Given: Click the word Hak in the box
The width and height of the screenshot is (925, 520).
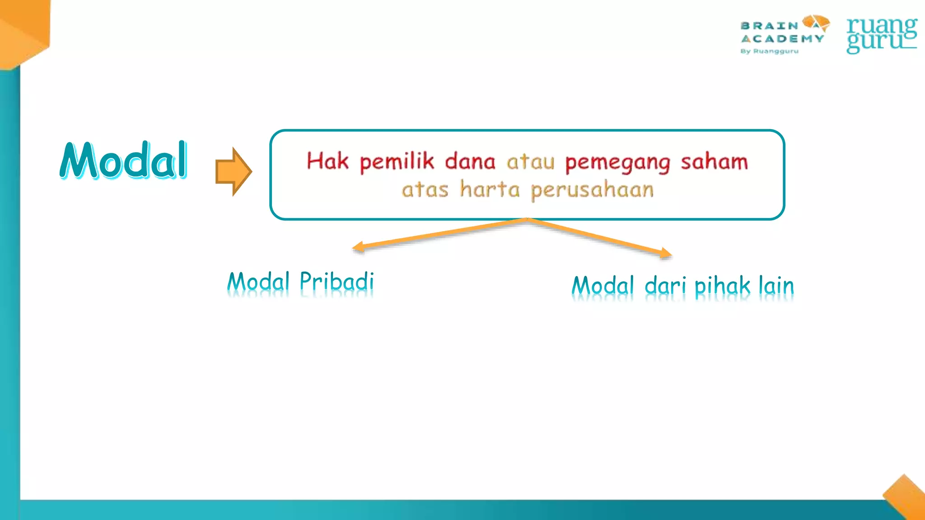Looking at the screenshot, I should [327, 161].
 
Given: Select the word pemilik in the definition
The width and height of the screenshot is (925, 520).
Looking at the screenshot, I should [397, 162].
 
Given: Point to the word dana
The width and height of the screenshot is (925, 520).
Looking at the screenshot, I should [470, 162].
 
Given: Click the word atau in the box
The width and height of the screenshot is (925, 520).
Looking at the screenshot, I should [530, 162].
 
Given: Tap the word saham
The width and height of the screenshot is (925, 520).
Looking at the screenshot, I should [714, 162].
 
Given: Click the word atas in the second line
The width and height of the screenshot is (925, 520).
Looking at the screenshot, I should [425, 190].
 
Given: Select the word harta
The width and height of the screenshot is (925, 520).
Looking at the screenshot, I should [490, 189].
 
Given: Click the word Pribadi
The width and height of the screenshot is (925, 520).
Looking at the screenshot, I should [337, 282].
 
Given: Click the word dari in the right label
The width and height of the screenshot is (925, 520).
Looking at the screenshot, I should [665, 286].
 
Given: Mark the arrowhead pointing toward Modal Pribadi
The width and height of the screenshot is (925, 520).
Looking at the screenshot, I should [358, 247].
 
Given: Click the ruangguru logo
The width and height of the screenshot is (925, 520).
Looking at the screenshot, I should [881, 35].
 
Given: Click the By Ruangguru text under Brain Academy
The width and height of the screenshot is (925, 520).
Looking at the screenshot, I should [769, 51].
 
